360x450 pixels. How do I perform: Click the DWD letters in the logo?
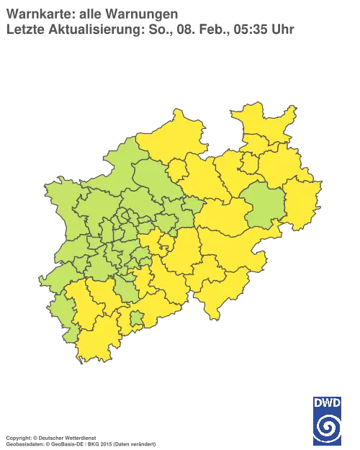[x=328, y=402]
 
